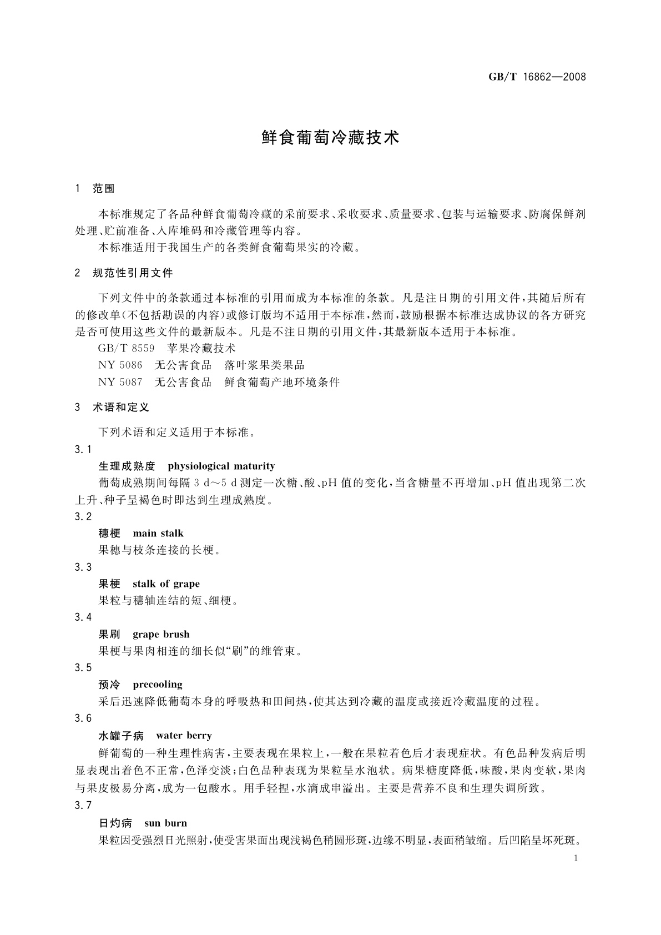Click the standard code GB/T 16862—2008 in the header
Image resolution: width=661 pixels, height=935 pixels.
[x=537, y=77]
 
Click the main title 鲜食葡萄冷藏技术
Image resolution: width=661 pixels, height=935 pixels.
[x=330, y=138]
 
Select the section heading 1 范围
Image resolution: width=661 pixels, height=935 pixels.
[x=94, y=189]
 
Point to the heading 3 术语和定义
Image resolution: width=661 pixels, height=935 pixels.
[x=112, y=408]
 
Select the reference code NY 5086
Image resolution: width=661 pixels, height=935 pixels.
[x=120, y=365]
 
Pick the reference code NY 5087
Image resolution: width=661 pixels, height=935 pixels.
[x=120, y=382]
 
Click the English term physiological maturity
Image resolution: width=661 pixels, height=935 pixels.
[x=221, y=466]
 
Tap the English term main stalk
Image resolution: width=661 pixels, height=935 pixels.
[x=158, y=534]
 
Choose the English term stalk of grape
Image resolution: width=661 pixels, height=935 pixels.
[x=166, y=584]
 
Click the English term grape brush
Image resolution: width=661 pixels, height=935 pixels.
[x=161, y=634]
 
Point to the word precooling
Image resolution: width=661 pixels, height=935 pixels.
[x=158, y=685]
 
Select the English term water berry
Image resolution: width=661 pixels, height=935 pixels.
[x=184, y=736]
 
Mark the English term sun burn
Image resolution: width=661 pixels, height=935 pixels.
[x=165, y=823]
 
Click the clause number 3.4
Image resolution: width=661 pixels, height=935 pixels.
[x=83, y=617]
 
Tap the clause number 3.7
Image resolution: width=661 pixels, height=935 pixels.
[x=83, y=806]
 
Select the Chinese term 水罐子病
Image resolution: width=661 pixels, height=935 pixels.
[x=121, y=736]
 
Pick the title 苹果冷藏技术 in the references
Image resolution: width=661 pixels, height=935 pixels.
[x=201, y=349]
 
